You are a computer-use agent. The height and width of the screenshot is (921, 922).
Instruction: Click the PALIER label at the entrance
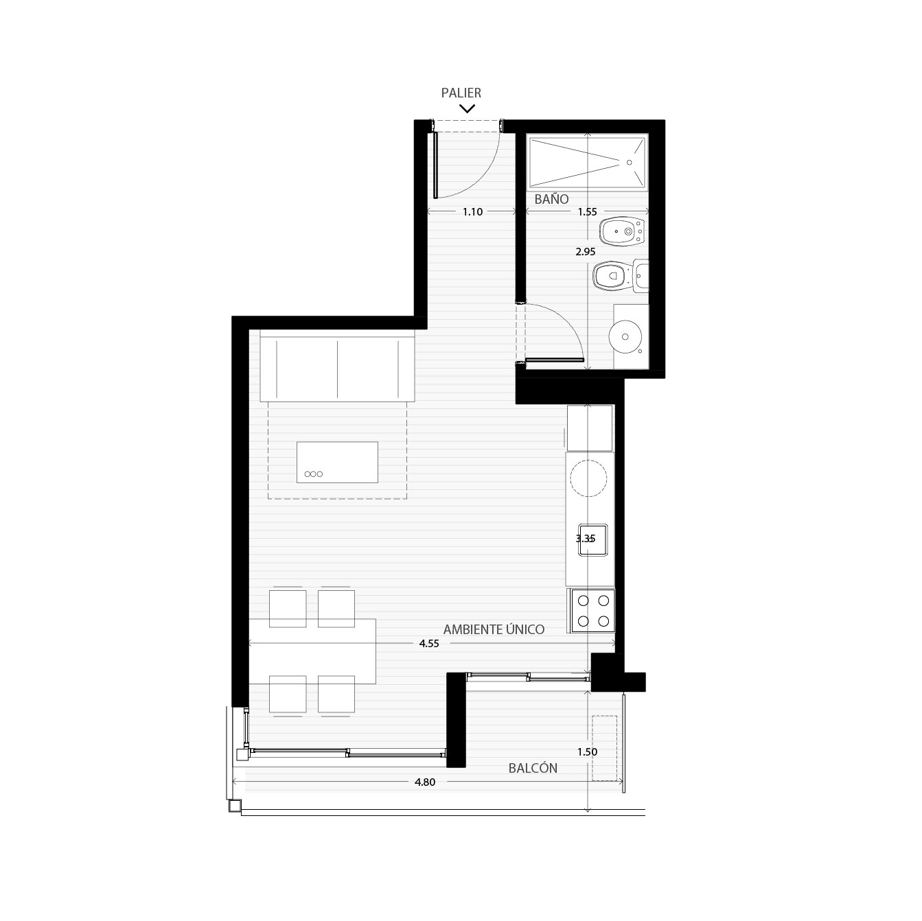tap(461, 93)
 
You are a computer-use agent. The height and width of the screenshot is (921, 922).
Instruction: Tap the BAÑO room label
tap(551, 199)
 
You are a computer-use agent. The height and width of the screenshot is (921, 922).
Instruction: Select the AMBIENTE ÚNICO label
tap(494, 629)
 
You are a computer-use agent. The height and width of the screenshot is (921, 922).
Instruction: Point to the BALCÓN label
tap(533, 768)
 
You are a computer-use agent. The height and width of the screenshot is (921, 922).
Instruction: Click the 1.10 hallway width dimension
tap(473, 212)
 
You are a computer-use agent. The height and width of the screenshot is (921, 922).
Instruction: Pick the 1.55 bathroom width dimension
tap(587, 212)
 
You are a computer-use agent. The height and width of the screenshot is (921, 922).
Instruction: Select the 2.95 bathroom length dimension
tap(585, 252)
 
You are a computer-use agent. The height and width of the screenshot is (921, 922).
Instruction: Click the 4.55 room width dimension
tap(428, 644)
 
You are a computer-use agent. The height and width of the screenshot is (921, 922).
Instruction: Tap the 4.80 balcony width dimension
tap(425, 782)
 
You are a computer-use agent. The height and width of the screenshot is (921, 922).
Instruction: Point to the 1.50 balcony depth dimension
tap(587, 751)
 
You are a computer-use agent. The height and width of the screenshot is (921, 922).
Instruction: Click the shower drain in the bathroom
tap(629, 162)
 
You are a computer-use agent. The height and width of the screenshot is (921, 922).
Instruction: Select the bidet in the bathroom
tap(623, 232)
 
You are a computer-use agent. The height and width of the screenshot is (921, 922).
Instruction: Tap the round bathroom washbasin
tap(625, 337)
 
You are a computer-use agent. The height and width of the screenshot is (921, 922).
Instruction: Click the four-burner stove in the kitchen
tap(593, 611)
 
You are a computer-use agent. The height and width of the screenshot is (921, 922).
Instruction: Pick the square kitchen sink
tap(593, 539)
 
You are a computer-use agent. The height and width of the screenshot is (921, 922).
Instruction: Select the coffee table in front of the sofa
tap(337, 462)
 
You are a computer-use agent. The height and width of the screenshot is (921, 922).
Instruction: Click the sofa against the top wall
tap(337, 369)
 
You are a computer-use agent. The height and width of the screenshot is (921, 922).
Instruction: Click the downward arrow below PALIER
tap(467, 108)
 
